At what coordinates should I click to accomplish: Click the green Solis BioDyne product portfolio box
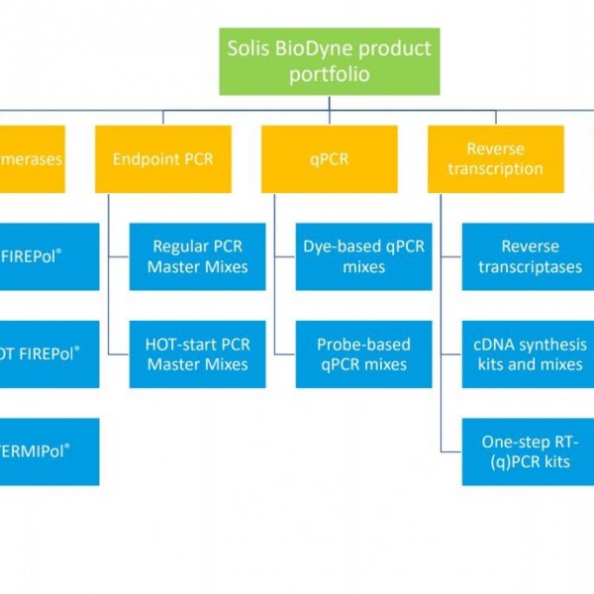pyautogui.click(x=328, y=62)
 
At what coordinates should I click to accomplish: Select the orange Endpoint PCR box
pyautogui.click(x=163, y=158)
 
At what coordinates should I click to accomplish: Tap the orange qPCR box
pyautogui.click(x=330, y=158)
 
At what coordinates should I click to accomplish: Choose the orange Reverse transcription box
pyautogui.click(x=495, y=158)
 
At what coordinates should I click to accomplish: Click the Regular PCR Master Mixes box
pyautogui.click(x=197, y=256)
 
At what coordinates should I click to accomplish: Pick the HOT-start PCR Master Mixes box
pyautogui.click(x=197, y=353)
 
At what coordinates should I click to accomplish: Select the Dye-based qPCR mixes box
pyautogui.click(x=363, y=256)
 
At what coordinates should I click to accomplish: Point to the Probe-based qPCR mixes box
pyautogui.click(x=363, y=353)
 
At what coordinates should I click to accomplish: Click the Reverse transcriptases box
pyautogui.click(x=530, y=256)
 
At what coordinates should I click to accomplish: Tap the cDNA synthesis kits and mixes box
pyautogui.click(x=530, y=353)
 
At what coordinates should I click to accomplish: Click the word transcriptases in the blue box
pyautogui.click(x=530, y=267)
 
